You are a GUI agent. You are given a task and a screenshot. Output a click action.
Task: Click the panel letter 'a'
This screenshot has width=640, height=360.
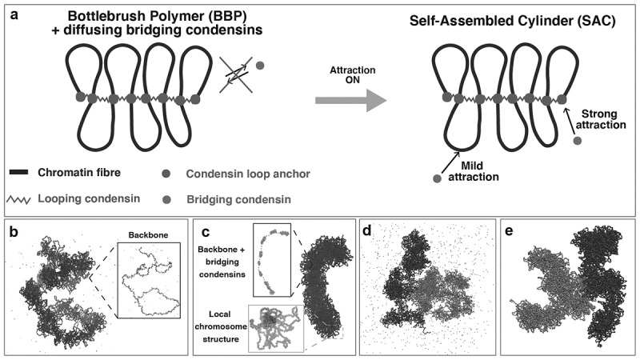tap(12, 12)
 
